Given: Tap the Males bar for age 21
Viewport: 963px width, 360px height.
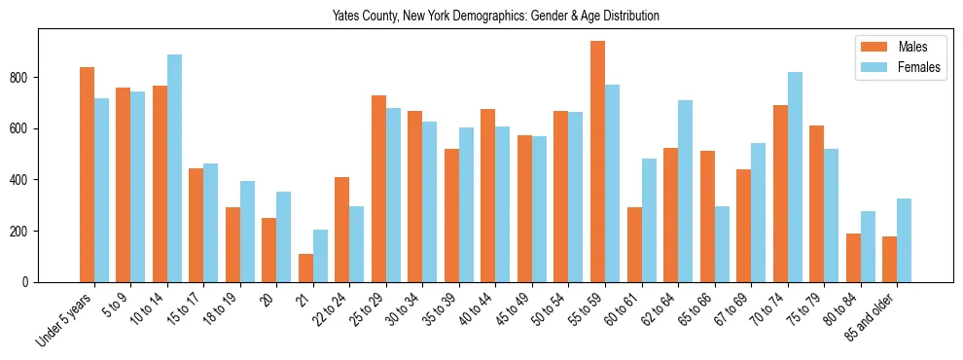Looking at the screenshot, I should click(305, 268).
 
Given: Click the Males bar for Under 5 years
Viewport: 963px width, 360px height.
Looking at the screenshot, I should click(87, 175).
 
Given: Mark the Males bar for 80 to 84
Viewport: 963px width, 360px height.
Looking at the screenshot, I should click(853, 258).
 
